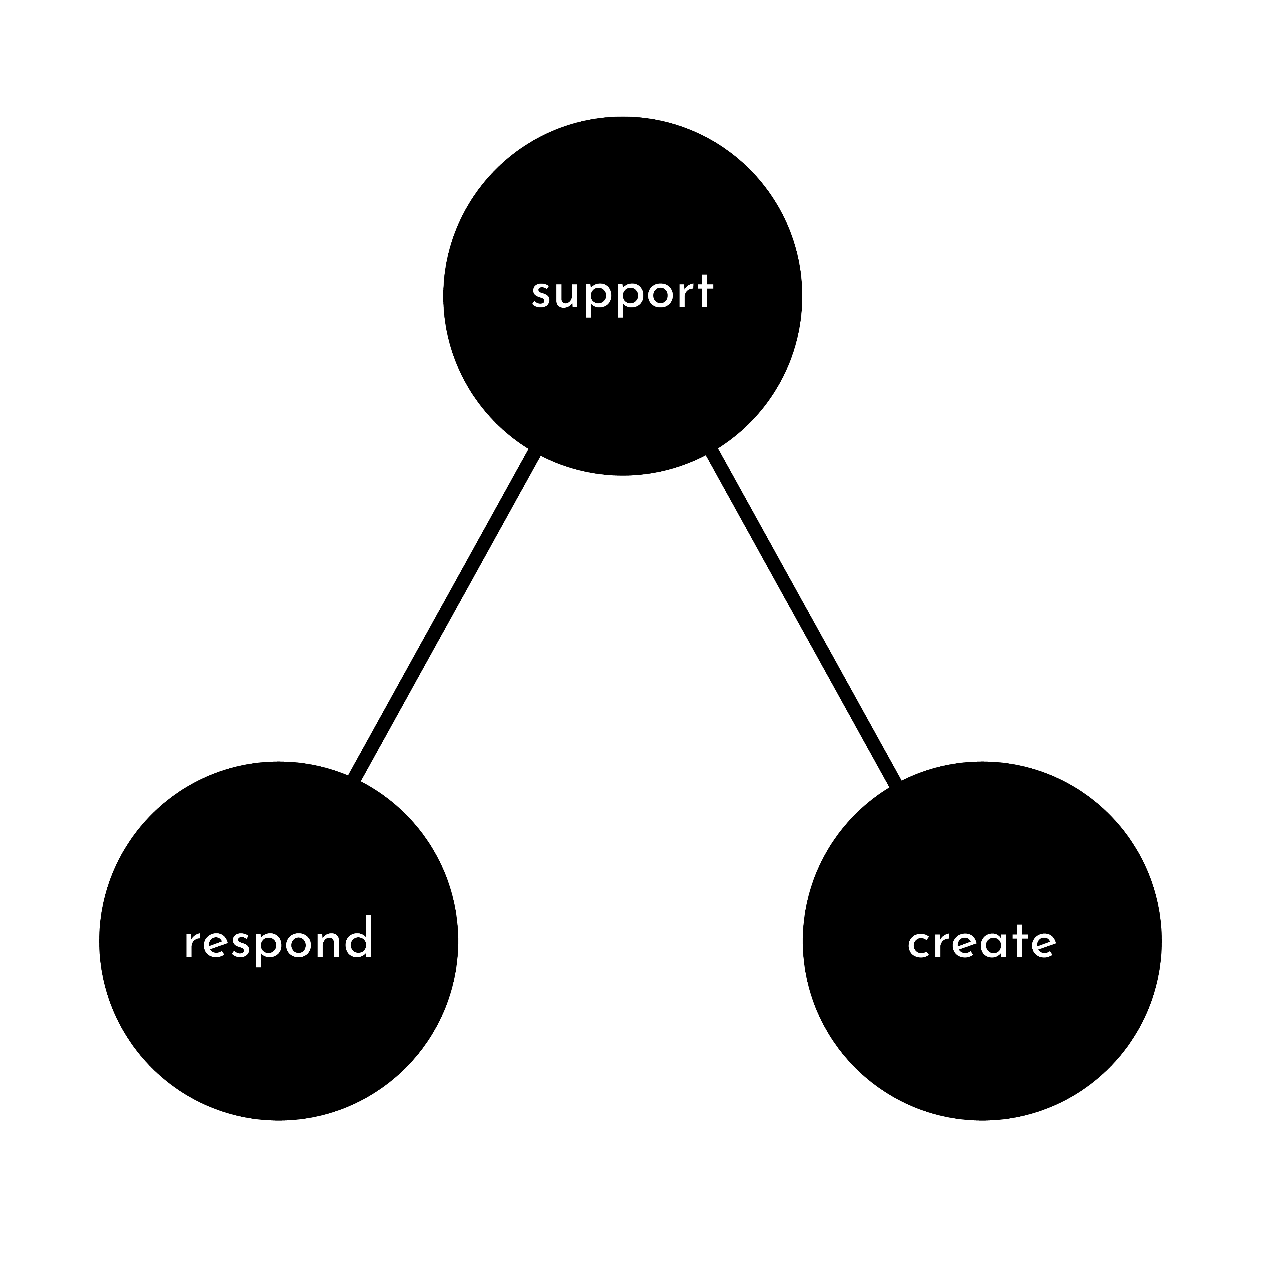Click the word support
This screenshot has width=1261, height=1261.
click(623, 295)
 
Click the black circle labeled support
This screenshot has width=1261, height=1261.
click(623, 296)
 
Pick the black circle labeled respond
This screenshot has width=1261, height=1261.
click(279, 941)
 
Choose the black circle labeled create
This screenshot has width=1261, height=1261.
click(982, 941)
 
